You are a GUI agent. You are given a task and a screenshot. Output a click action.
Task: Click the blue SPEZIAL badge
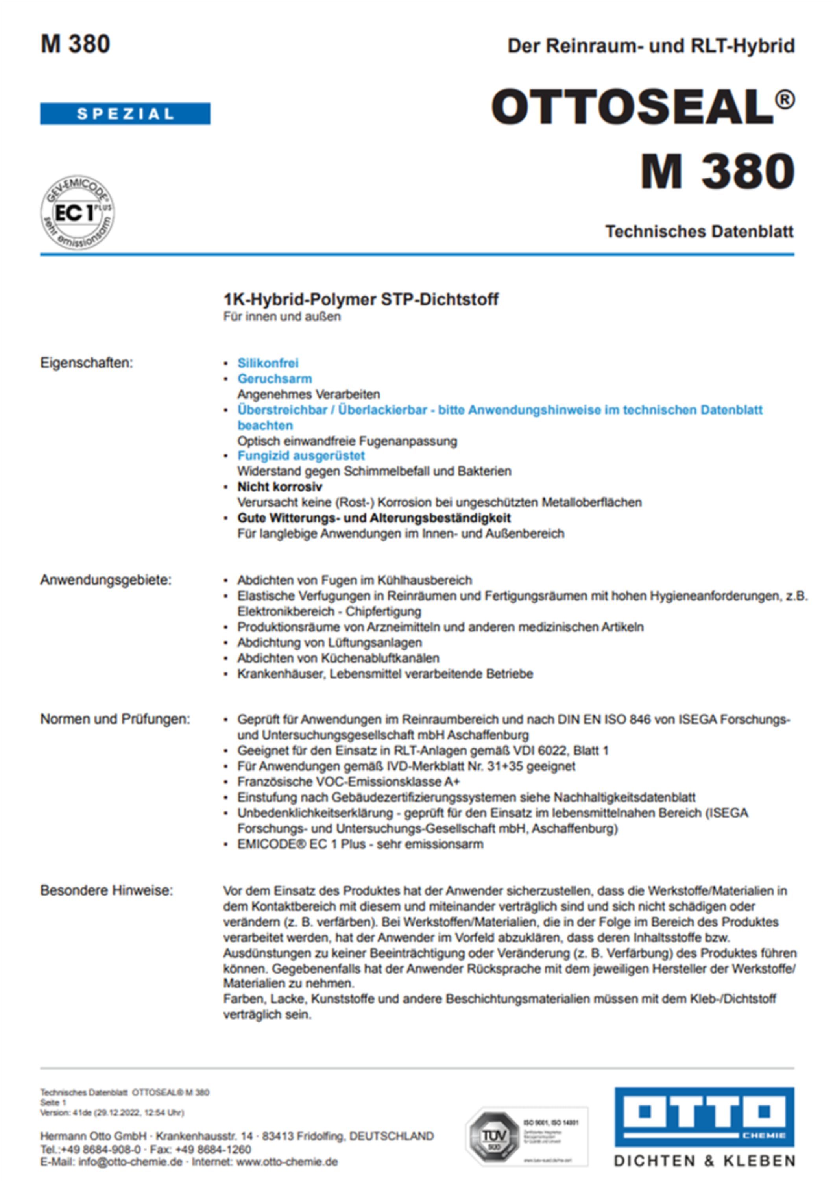click(125, 114)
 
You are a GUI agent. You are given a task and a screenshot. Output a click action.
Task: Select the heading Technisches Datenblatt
click(699, 231)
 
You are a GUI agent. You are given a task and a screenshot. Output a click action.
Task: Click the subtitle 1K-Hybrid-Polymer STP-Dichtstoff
click(360, 299)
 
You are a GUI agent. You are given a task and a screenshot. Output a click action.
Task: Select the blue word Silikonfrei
click(268, 363)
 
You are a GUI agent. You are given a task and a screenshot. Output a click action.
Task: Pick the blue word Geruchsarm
click(275, 379)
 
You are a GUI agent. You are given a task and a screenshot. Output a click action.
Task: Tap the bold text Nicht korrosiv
click(280, 487)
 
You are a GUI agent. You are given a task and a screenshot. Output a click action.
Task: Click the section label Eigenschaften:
click(87, 363)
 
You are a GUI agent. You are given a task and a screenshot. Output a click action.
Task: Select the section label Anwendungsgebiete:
click(106, 580)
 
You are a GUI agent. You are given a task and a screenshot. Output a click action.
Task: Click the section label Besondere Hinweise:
click(107, 890)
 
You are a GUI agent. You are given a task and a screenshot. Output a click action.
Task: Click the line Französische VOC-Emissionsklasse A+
click(348, 782)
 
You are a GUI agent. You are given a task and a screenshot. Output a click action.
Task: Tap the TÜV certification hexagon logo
click(493, 1135)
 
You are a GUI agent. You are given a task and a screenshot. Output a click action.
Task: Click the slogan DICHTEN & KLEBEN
click(704, 1161)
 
